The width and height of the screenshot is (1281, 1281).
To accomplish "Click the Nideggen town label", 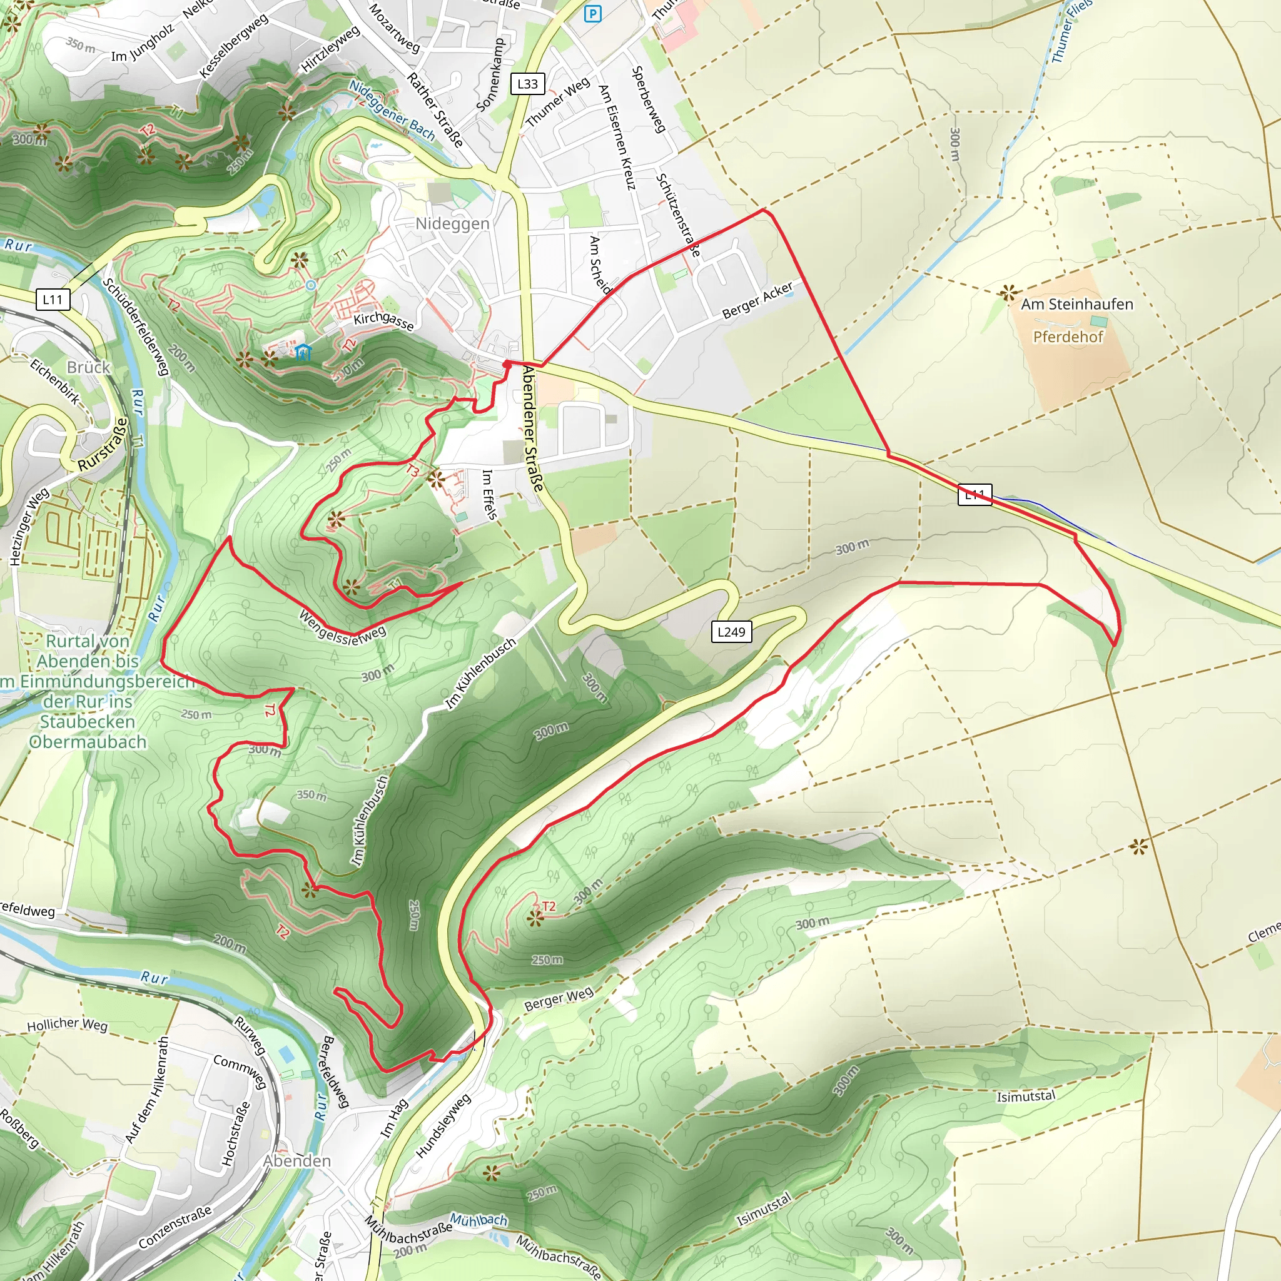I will pos(452,223).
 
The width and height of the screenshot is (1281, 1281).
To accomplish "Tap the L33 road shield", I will pos(528,84).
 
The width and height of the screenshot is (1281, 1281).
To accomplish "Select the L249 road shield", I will pos(731,631).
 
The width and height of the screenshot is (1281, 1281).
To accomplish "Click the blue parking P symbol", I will pos(593,13).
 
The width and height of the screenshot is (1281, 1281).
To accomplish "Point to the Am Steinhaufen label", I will pos(1077,305).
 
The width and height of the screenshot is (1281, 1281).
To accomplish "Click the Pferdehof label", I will pos(1068,337).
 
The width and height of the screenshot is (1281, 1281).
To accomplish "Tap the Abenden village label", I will pos(296,1160).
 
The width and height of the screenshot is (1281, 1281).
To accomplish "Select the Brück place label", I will pos(88,367).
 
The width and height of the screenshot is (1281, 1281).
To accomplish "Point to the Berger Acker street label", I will pos(757,300).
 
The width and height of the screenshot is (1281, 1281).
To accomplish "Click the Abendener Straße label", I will pos(532,428).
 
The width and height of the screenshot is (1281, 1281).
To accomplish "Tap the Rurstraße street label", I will pos(102,445).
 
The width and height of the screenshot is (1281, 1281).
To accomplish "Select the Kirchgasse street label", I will pos(383,320).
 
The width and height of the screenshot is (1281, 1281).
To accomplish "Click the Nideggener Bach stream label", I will pos(392,111).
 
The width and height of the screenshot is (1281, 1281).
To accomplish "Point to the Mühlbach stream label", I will pos(478,1219).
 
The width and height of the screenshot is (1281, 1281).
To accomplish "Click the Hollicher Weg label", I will pos(67,1024).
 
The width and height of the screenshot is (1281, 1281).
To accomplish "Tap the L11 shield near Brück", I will pos(53,300).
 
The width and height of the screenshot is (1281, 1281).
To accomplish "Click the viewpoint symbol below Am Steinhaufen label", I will pos(1008,292).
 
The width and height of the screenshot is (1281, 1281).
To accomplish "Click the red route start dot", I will pos(507,364).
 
